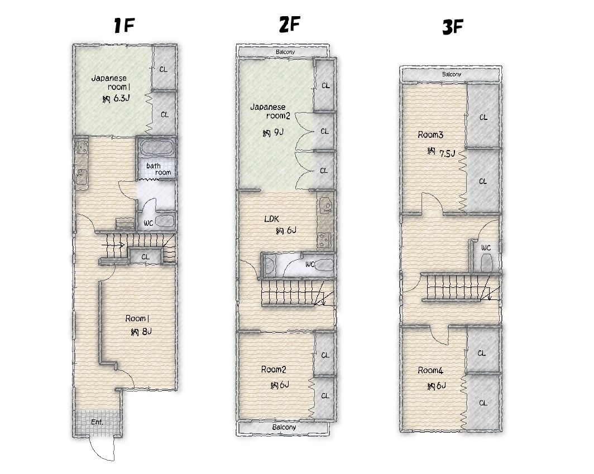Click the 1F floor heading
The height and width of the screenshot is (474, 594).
click(124, 25)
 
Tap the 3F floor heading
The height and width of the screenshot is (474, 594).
click(453, 27)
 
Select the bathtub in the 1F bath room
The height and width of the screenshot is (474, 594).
click(156, 148)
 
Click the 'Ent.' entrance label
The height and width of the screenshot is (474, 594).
click(97, 422)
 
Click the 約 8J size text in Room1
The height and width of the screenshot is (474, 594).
click(141, 332)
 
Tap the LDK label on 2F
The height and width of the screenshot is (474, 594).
click(271, 219)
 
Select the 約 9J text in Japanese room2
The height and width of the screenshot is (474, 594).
click(273, 132)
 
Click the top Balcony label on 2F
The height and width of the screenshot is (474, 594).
click(285, 52)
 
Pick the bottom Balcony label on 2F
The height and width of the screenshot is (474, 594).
click(284, 427)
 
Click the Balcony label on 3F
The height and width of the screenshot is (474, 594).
click(452, 74)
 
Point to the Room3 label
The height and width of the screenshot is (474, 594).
click(430, 135)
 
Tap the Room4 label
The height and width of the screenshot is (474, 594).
click(430, 370)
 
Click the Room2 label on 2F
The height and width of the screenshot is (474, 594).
click(274, 370)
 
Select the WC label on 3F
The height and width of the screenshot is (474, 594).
click(486, 248)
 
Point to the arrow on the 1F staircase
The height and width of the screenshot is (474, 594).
click(113, 245)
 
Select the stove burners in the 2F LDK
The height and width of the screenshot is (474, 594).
click(324, 239)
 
